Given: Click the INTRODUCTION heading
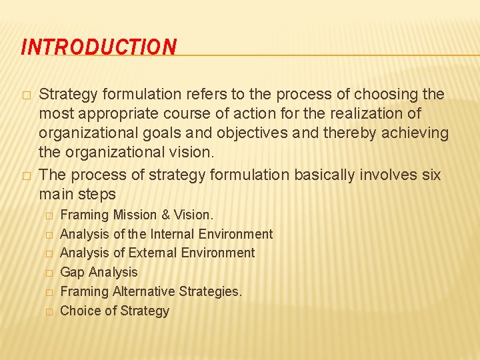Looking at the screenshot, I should click(x=99, y=47).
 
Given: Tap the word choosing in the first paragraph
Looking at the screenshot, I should click(x=387, y=94).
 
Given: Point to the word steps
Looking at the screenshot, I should click(x=97, y=195).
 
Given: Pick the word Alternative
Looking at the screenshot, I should click(x=144, y=291).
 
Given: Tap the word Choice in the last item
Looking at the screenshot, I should click(x=79, y=311).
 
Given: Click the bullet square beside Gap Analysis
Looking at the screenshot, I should click(x=48, y=273).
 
